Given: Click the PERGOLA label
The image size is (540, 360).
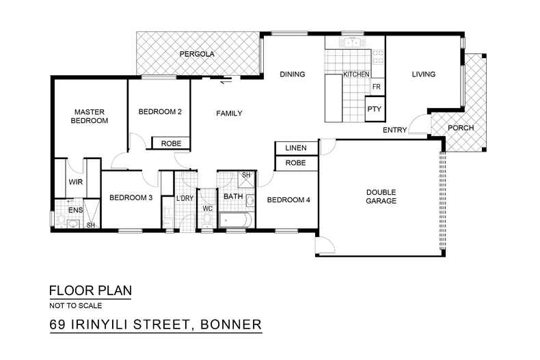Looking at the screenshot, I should tap(198, 53).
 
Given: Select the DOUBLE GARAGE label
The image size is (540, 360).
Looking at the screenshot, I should tap(381, 197).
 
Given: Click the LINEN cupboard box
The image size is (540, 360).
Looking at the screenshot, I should tap(295, 148).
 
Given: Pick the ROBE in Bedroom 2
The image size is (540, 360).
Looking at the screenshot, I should tap(170, 143).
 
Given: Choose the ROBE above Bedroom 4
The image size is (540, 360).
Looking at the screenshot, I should tap(295, 163).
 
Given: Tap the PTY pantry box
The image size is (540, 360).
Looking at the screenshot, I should tap(373, 109).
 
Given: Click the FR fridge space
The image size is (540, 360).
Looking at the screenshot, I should tap(376, 87).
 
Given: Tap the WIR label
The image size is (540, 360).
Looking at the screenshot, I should tap(75, 182).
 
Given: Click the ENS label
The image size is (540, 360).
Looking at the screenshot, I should tap(75, 210).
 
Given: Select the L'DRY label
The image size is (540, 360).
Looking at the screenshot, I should tap(185, 199).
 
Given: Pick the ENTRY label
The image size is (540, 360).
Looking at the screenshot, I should tap(394, 130).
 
